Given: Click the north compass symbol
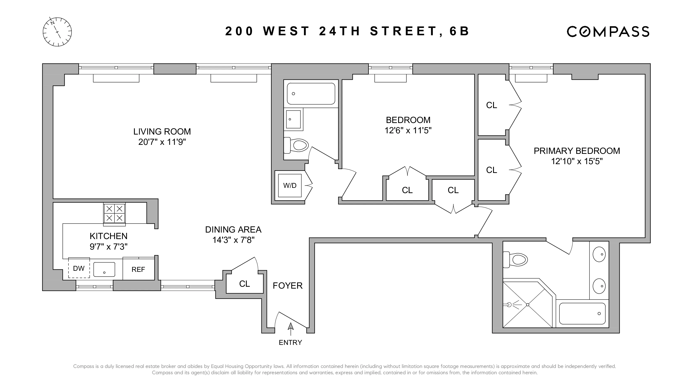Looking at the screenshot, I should tap(57, 32).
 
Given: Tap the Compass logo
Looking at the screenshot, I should tap(608, 31).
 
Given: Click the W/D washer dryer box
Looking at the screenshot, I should tap(290, 186).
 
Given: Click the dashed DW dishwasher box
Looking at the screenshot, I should tap(79, 268).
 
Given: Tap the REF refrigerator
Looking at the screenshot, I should tap(138, 269).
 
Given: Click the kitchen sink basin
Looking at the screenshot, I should tap(104, 269).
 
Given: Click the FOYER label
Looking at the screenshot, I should tap(287, 285).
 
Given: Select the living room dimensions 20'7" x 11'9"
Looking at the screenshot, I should tap(162, 142).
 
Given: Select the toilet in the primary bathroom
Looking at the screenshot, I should tap(516, 260).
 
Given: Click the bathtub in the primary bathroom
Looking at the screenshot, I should tap(582, 313).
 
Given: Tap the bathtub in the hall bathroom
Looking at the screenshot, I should tap(311, 94).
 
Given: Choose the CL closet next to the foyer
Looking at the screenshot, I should tap(244, 284).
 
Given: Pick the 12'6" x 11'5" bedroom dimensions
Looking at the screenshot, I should tap(408, 130).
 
